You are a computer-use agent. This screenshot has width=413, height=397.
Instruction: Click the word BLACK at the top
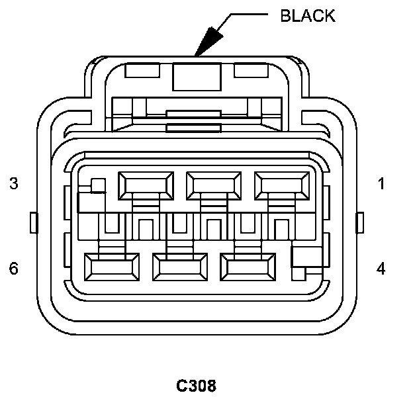(308, 16)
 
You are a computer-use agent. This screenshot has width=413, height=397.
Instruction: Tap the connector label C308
(196, 384)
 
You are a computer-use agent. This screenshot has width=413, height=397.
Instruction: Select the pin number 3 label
(14, 183)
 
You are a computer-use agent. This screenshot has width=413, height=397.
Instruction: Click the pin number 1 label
(381, 183)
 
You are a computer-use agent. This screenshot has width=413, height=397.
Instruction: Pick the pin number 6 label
(14, 268)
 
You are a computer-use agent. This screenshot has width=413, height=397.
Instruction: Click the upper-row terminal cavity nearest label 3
(145, 185)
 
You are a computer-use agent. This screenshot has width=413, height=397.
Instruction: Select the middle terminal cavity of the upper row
(213, 185)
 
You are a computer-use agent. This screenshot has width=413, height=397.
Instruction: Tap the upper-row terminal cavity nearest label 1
(281, 185)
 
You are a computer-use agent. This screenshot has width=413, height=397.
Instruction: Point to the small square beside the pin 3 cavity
(98, 185)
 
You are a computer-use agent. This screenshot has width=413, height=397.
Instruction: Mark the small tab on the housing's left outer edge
(34, 222)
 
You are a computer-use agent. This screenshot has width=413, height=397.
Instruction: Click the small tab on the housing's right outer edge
(360, 222)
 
